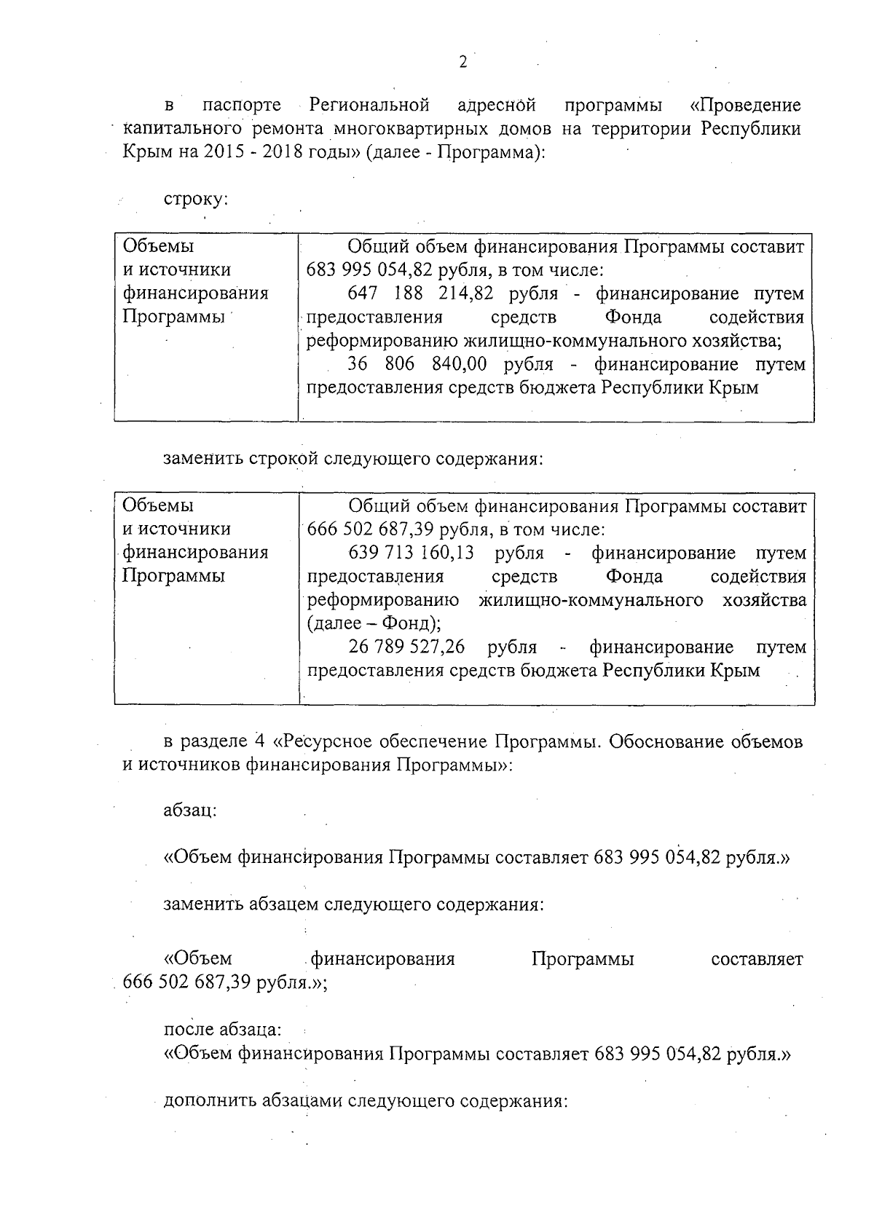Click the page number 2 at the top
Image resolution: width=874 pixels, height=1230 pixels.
click(x=462, y=62)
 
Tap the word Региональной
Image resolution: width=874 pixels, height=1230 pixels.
click(x=369, y=106)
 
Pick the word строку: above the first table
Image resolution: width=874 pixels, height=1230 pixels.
click(x=196, y=200)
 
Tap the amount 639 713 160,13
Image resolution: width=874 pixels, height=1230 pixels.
click(x=412, y=553)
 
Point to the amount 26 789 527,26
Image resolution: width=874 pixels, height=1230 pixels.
click(x=407, y=647)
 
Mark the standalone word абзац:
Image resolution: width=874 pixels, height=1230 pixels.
click(x=190, y=811)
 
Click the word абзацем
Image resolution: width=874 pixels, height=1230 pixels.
click(x=283, y=905)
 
